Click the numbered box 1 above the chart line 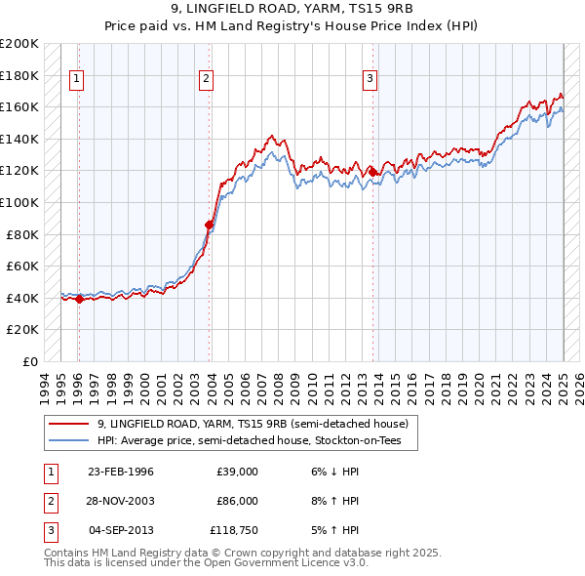tap(77, 80)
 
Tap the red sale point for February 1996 tap(79, 300)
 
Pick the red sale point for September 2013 tap(372, 173)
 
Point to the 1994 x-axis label tap(45, 384)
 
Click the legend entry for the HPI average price tap(255, 441)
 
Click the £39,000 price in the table tap(237, 473)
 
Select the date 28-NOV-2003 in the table tap(121, 501)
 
